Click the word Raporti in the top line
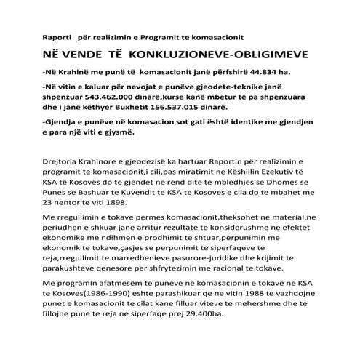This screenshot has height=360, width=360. click(57, 36)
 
